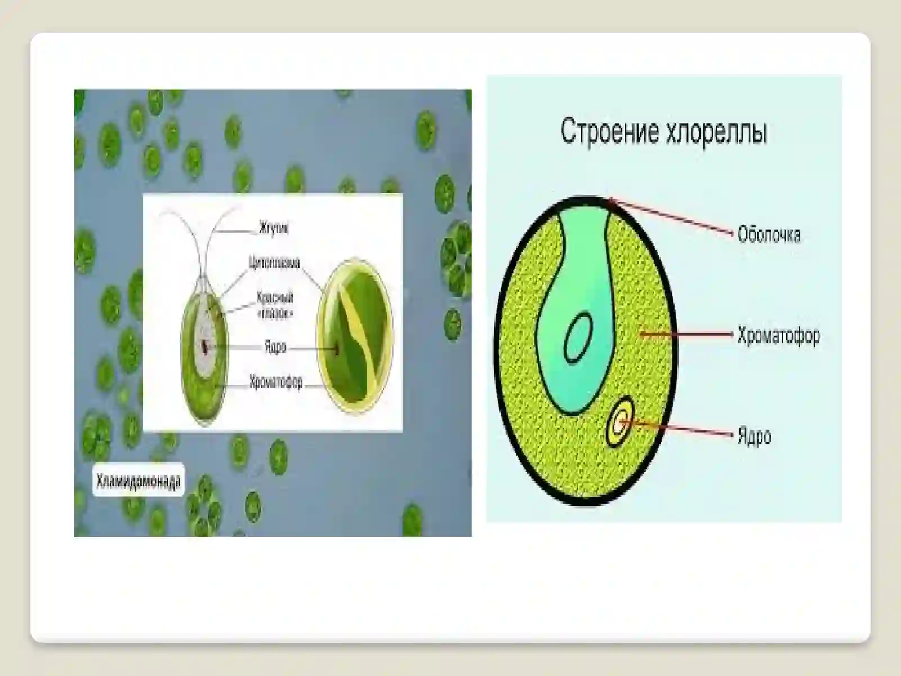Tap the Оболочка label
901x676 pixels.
tap(769, 234)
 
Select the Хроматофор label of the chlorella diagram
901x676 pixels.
tap(779, 336)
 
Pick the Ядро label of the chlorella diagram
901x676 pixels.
tap(754, 436)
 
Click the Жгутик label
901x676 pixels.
tap(274, 229)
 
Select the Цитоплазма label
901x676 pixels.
tap(274, 263)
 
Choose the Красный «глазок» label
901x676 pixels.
tap(275, 305)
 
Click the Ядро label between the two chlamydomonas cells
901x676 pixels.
tap(275, 347)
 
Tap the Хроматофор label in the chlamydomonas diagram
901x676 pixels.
tap(276, 383)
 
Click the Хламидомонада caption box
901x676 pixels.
tap(139, 481)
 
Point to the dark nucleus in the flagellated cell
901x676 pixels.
tap(206, 346)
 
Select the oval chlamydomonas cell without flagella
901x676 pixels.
tap(354, 336)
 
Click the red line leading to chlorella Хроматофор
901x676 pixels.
tap(687, 335)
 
